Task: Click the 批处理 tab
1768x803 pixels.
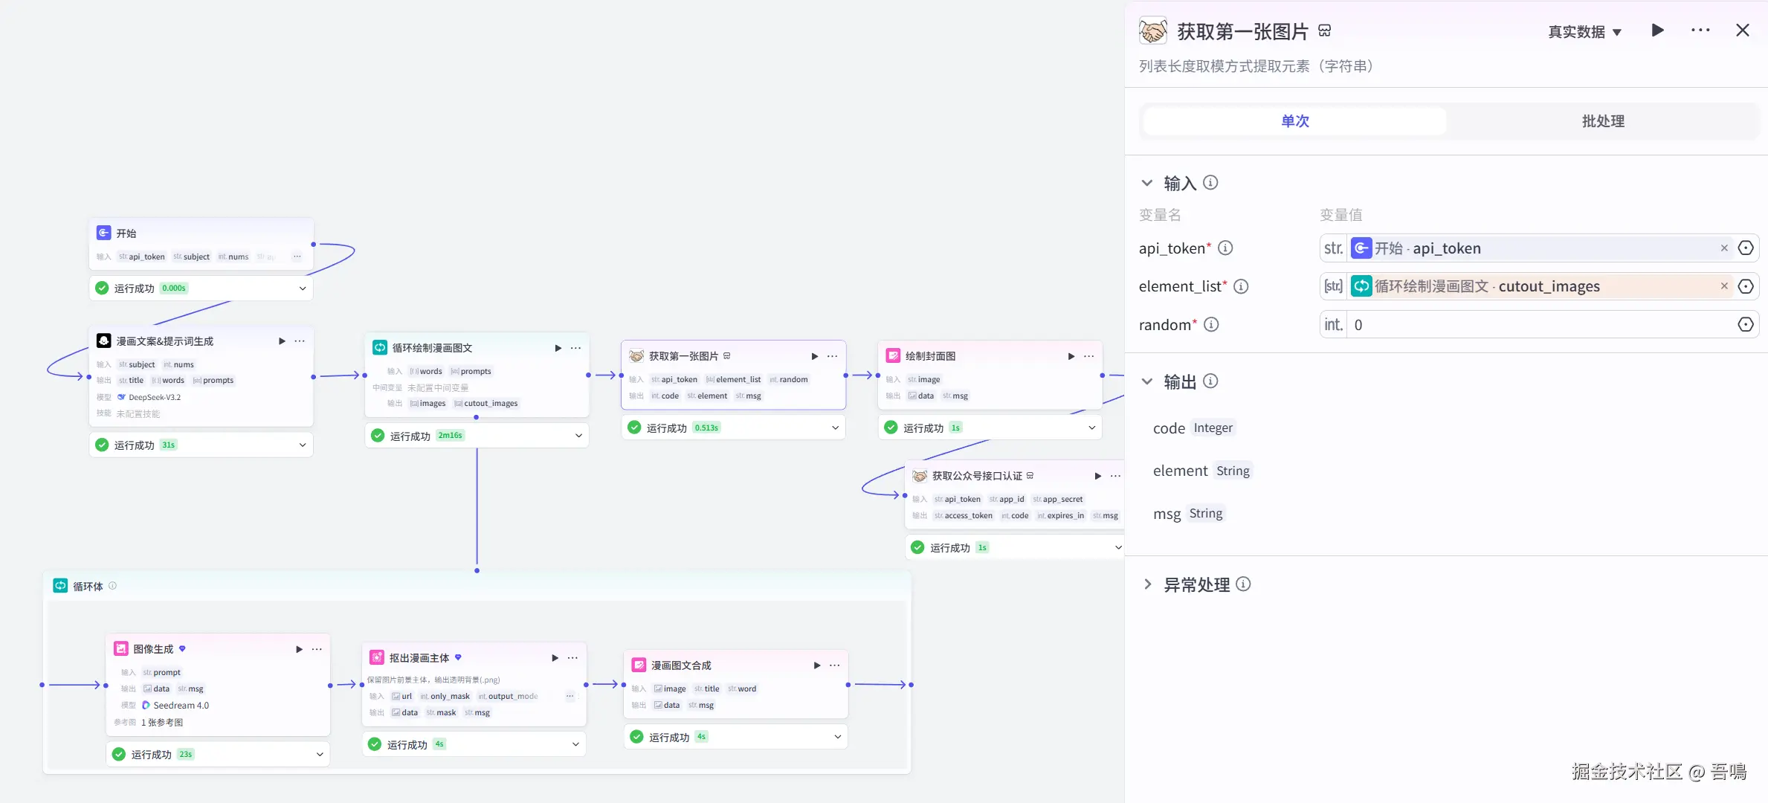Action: [1602, 121]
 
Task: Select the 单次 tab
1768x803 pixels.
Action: [1294, 121]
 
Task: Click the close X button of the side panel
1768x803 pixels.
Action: [1742, 30]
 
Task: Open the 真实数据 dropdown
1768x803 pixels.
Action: [1584, 32]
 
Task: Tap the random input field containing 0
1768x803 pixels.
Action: [1539, 325]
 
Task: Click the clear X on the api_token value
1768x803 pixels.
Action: [1724, 248]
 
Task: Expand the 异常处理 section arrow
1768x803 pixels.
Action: [1147, 584]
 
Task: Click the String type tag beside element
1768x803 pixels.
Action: [1233, 471]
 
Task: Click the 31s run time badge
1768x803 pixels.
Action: [169, 445]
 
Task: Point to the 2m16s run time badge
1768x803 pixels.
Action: [450, 436]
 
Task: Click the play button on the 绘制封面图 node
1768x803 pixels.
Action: [1071, 356]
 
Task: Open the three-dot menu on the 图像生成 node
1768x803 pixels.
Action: [317, 649]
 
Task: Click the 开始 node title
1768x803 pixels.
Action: [126, 233]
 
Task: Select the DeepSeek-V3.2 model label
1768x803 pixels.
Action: [155, 397]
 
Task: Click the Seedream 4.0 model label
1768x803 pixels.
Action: [181, 706]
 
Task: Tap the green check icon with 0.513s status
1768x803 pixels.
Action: [634, 428]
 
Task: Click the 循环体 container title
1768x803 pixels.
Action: [88, 587]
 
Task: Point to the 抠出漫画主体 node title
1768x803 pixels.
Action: [419, 658]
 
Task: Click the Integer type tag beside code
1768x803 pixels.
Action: [1213, 428]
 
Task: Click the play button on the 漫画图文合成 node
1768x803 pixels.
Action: [816, 665]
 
